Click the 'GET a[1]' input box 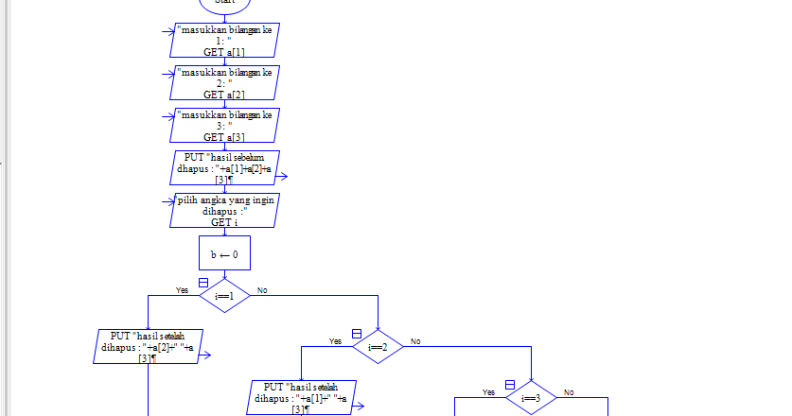click(225, 42)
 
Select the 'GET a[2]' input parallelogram click(225, 83)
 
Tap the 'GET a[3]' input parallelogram click(225, 126)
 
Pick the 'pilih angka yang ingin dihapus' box click(225, 211)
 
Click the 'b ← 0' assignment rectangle click(224, 253)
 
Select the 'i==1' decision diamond click(224, 295)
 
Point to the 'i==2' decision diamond click(378, 347)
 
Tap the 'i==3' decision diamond click(531, 398)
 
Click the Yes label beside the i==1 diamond click(183, 290)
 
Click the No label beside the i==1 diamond click(262, 290)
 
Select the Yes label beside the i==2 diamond click(335, 341)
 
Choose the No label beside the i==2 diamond click(415, 341)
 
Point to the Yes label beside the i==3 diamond click(488, 391)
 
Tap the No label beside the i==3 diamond click(569, 391)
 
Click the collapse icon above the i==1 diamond click(203, 282)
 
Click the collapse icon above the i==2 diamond click(357, 334)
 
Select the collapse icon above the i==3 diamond click(510, 385)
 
